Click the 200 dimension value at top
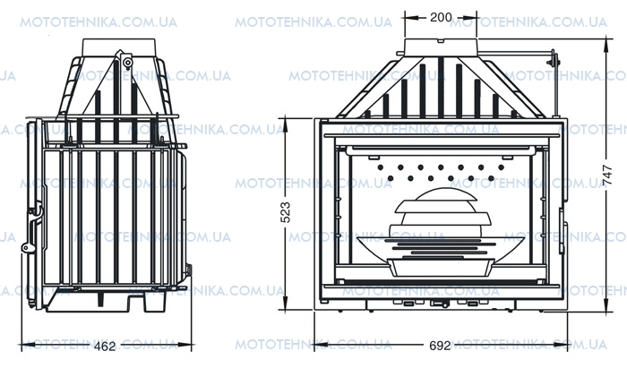(441, 17)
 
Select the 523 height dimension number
(286, 212)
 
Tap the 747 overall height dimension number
(607, 175)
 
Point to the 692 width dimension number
(441, 346)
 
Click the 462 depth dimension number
(105, 346)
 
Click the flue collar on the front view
(441, 47)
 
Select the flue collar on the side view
(118, 47)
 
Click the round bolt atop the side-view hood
(127, 63)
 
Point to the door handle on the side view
(35, 214)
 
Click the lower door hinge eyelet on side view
(26, 248)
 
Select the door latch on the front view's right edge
(563, 231)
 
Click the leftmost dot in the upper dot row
(381, 167)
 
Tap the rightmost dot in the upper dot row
(501, 167)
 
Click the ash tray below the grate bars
(441, 268)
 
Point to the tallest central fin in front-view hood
(441, 88)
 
